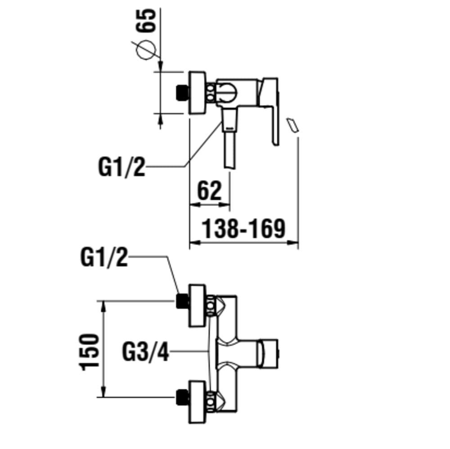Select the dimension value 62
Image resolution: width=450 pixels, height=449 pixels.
click(x=210, y=191)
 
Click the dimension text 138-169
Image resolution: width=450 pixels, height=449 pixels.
click(x=243, y=229)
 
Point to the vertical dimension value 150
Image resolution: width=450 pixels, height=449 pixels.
click(x=90, y=352)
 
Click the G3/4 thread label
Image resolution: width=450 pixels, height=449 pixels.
click(x=145, y=351)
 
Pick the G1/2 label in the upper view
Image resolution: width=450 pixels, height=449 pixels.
click(x=122, y=167)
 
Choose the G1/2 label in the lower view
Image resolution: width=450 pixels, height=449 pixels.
click(x=104, y=258)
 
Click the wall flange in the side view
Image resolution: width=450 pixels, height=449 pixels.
click(x=197, y=93)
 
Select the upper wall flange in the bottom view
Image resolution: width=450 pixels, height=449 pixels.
click(x=197, y=305)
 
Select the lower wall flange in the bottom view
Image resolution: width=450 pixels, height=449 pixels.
click(x=197, y=401)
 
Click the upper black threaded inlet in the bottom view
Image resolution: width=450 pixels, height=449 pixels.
click(x=182, y=301)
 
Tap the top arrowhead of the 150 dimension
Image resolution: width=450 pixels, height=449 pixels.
click(x=104, y=306)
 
